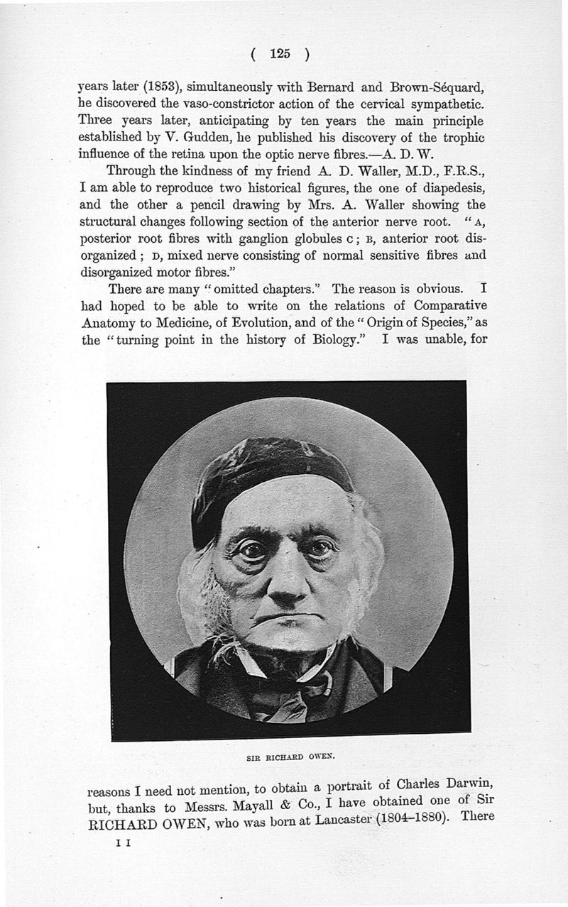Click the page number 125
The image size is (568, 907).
280,54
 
